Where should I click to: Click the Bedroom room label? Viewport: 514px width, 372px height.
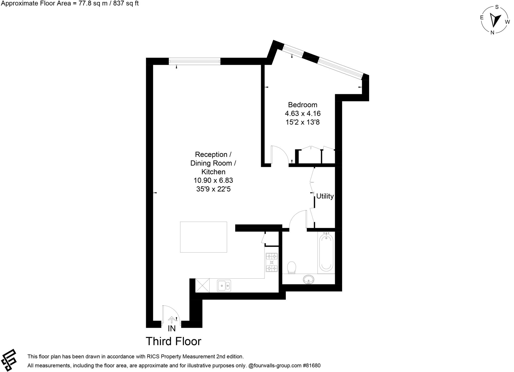(x=302, y=105)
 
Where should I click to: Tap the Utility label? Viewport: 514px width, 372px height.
(x=325, y=196)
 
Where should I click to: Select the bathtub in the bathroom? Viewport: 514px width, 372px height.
(x=326, y=252)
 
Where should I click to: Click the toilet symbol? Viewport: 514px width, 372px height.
(x=291, y=267)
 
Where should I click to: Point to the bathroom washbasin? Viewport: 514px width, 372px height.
(x=308, y=279)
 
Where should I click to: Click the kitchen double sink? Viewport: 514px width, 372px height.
(x=224, y=286)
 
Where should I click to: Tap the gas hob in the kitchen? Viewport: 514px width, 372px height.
(x=272, y=262)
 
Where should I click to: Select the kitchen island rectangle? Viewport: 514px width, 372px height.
(x=204, y=237)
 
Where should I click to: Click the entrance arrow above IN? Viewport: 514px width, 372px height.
(x=172, y=319)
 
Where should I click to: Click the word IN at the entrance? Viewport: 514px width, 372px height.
(x=172, y=328)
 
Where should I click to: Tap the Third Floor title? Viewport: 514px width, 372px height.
(x=173, y=341)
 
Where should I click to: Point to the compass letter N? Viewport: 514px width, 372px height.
(x=492, y=32)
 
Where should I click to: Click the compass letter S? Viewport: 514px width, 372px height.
(x=497, y=7)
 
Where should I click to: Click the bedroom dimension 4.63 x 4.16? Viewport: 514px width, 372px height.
(x=302, y=113)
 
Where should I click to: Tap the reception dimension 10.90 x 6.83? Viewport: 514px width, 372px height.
(x=213, y=180)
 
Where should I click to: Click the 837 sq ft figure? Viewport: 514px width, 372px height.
(x=125, y=3)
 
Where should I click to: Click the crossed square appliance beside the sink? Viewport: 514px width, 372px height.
(x=202, y=286)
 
